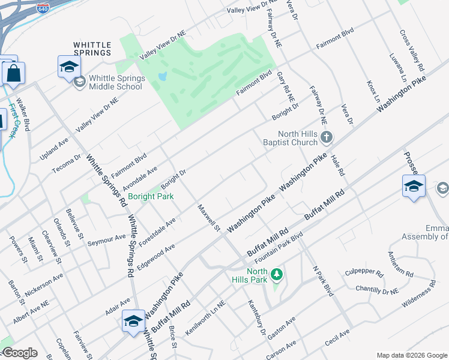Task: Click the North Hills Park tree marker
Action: [276, 275]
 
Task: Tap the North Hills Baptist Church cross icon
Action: [327, 138]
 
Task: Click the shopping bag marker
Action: [13, 74]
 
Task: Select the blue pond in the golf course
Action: [163, 77]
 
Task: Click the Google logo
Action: [19, 353]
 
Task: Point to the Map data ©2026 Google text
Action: [412, 355]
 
